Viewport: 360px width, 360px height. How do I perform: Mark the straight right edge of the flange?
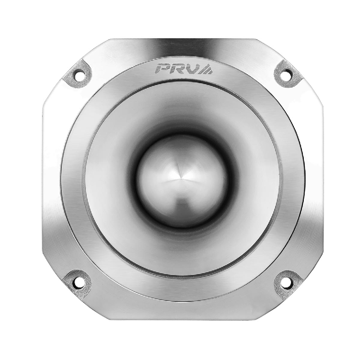[x=322, y=180]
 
